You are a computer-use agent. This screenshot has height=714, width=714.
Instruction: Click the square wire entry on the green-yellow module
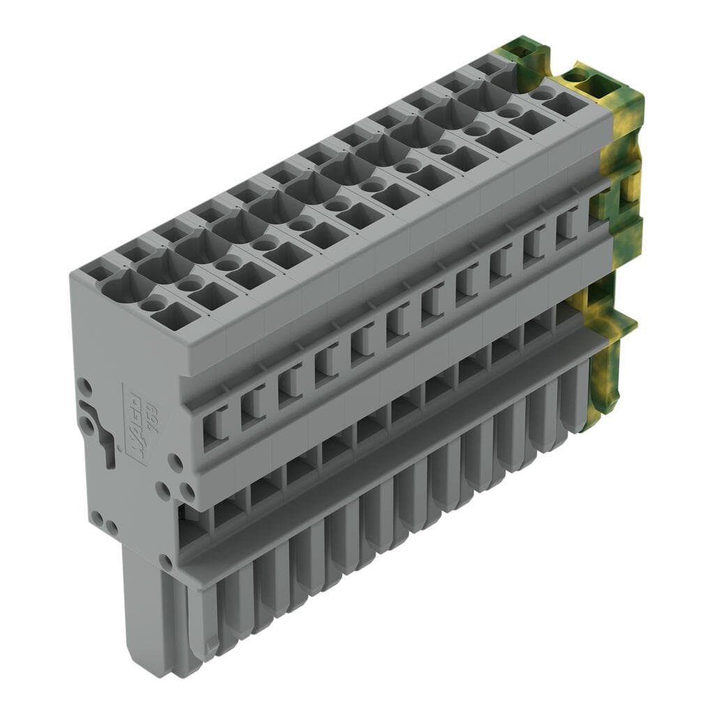pos(568,103)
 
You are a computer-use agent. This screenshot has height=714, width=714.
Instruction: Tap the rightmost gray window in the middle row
pos(567,224)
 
